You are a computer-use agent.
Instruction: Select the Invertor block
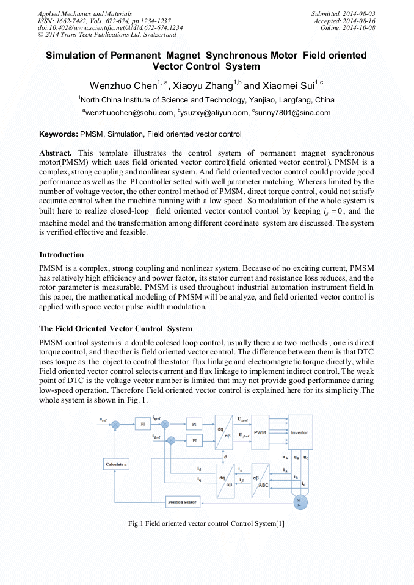[x=299, y=432]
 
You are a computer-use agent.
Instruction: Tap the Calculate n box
[x=116, y=465]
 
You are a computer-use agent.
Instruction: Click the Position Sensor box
[x=183, y=503]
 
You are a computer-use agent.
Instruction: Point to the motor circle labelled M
[x=299, y=502]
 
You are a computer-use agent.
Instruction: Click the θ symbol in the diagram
[x=225, y=456]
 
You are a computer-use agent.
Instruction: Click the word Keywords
[x=59, y=134]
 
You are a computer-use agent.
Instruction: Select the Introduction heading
[x=62, y=254]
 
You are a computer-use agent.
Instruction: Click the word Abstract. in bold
[x=56, y=152]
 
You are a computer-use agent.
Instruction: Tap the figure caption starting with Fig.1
[x=206, y=523]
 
